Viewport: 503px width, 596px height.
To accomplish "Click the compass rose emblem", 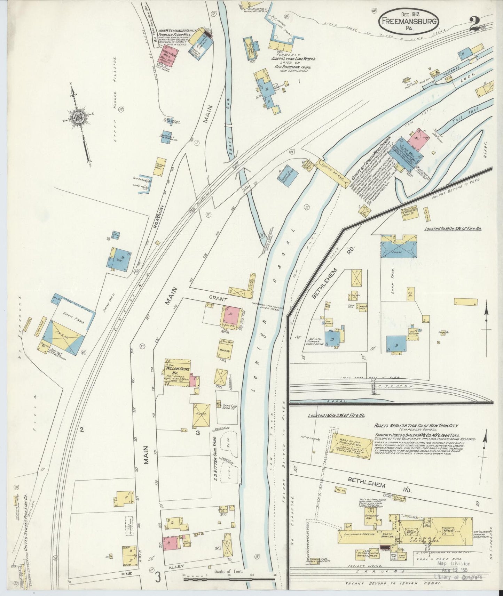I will tap(80, 118).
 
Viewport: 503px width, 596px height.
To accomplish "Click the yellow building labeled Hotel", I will tap(202, 414).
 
